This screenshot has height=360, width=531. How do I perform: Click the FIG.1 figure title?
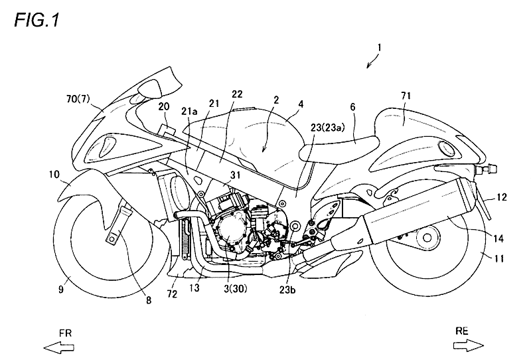point(37,21)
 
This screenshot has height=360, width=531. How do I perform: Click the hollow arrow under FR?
point(58,348)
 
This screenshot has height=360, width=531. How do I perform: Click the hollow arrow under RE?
point(469,345)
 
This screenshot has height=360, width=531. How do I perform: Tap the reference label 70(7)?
point(78,100)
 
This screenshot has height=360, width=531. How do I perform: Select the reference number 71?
point(406,96)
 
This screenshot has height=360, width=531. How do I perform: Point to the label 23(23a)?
point(328,127)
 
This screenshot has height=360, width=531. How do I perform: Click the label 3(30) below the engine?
point(236,288)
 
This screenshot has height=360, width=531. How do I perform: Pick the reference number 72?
point(173,294)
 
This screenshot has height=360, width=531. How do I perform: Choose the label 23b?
point(287,290)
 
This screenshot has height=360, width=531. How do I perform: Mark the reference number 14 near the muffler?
point(498,238)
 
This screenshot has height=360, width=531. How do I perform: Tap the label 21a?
point(189,111)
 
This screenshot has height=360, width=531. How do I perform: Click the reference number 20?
point(164,106)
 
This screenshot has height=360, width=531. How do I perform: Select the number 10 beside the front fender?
point(54,175)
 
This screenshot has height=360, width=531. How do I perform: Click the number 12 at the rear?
point(502,197)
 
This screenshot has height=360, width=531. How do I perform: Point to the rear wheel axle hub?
point(427,238)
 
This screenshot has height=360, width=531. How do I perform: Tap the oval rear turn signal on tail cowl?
point(445,148)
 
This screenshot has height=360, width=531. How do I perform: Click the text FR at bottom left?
point(65,333)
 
